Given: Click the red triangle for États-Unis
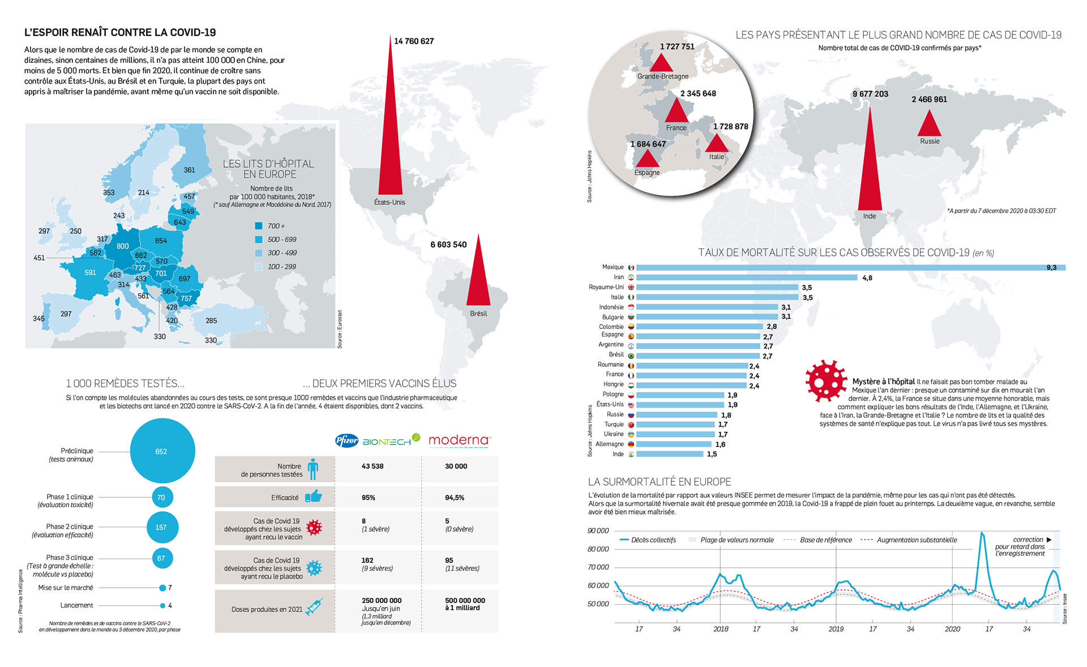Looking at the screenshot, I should (x=390, y=142).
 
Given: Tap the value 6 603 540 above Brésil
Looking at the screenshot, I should (x=448, y=245).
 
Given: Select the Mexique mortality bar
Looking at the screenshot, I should (x=849, y=267).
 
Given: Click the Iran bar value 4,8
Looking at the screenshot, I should (x=867, y=278).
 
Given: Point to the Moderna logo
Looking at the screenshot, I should (x=459, y=440).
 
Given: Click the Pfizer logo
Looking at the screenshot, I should (x=346, y=441).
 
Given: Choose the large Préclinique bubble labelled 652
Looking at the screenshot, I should (x=162, y=451).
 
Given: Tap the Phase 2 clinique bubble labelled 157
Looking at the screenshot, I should (x=162, y=527).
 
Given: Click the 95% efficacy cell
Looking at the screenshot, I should (x=369, y=498).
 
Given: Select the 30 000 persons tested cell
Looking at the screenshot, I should (x=456, y=467).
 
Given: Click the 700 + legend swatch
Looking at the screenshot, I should (x=259, y=226).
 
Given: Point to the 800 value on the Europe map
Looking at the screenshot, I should (x=122, y=246).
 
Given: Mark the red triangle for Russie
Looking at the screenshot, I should (x=929, y=125).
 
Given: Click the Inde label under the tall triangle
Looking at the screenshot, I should (x=870, y=216).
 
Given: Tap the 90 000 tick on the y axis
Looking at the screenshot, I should (x=598, y=531).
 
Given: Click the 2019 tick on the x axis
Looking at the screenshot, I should (x=836, y=629).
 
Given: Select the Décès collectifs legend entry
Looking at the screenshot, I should (x=648, y=540).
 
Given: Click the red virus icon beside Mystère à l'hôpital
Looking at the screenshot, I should (x=826, y=380).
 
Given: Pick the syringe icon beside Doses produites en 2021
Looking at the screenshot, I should (x=314, y=607).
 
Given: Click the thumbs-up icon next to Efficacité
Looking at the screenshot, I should (x=314, y=497).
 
